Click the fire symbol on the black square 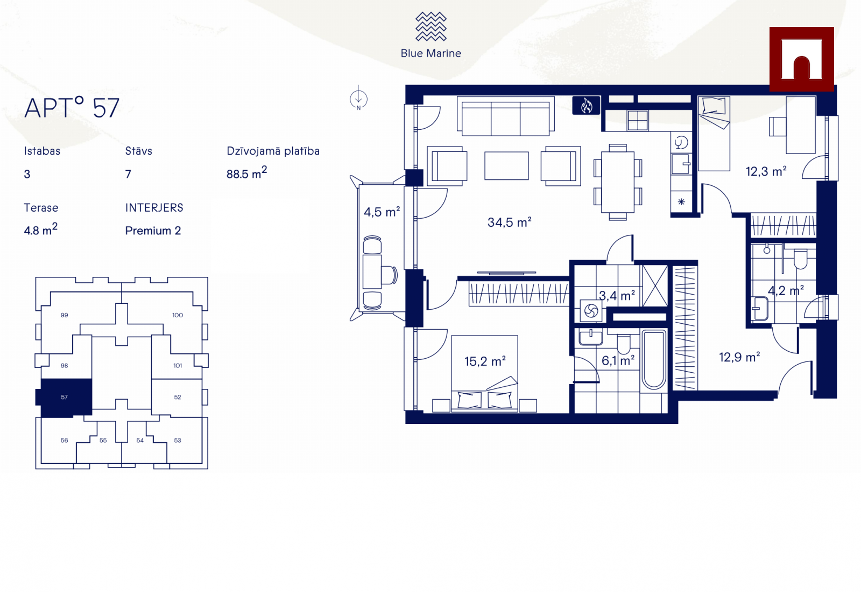(586, 105)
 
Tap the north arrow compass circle (358, 99)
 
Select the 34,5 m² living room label (509, 222)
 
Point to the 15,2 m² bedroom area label (485, 361)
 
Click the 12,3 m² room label (766, 171)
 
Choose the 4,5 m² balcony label (382, 212)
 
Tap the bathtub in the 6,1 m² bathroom (654, 359)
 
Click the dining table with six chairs (618, 182)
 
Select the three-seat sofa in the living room (505, 116)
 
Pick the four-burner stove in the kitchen (638, 121)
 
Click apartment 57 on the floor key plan (64, 398)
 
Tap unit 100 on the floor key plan (177, 315)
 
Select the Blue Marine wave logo (431, 26)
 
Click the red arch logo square (801, 59)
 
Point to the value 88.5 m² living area (246, 173)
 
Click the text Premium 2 (153, 231)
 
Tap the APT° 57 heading (72, 107)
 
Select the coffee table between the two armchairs (506, 166)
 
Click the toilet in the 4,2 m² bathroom (801, 259)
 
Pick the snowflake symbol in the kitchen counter (681, 201)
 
